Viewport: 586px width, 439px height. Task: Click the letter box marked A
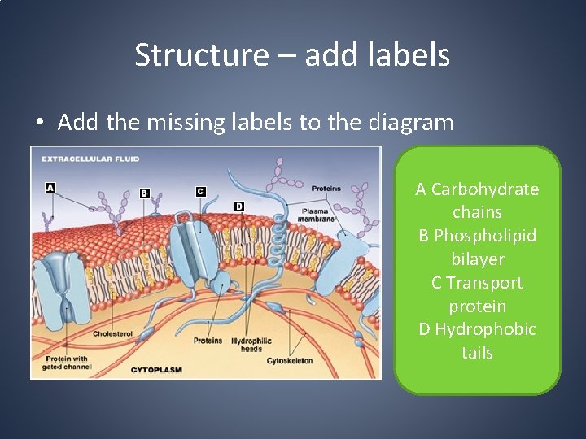tap(50, 188)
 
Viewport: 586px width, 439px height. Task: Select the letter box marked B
tap(144, 193)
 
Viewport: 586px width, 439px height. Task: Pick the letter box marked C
tap(200, 191)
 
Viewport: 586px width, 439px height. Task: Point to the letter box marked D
tap(238, 206)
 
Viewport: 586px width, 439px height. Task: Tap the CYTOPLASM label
tap(157, 370)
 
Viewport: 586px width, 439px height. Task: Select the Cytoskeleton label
tap(290, 361)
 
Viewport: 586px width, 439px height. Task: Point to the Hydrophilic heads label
tap(251, 345)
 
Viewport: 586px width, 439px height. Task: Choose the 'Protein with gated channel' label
tap(68, 363)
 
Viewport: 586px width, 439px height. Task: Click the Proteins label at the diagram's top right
tap(326, 188)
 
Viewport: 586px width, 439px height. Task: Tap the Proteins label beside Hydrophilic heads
tap(208, 341)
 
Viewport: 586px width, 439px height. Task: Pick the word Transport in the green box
tap(485, 283)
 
